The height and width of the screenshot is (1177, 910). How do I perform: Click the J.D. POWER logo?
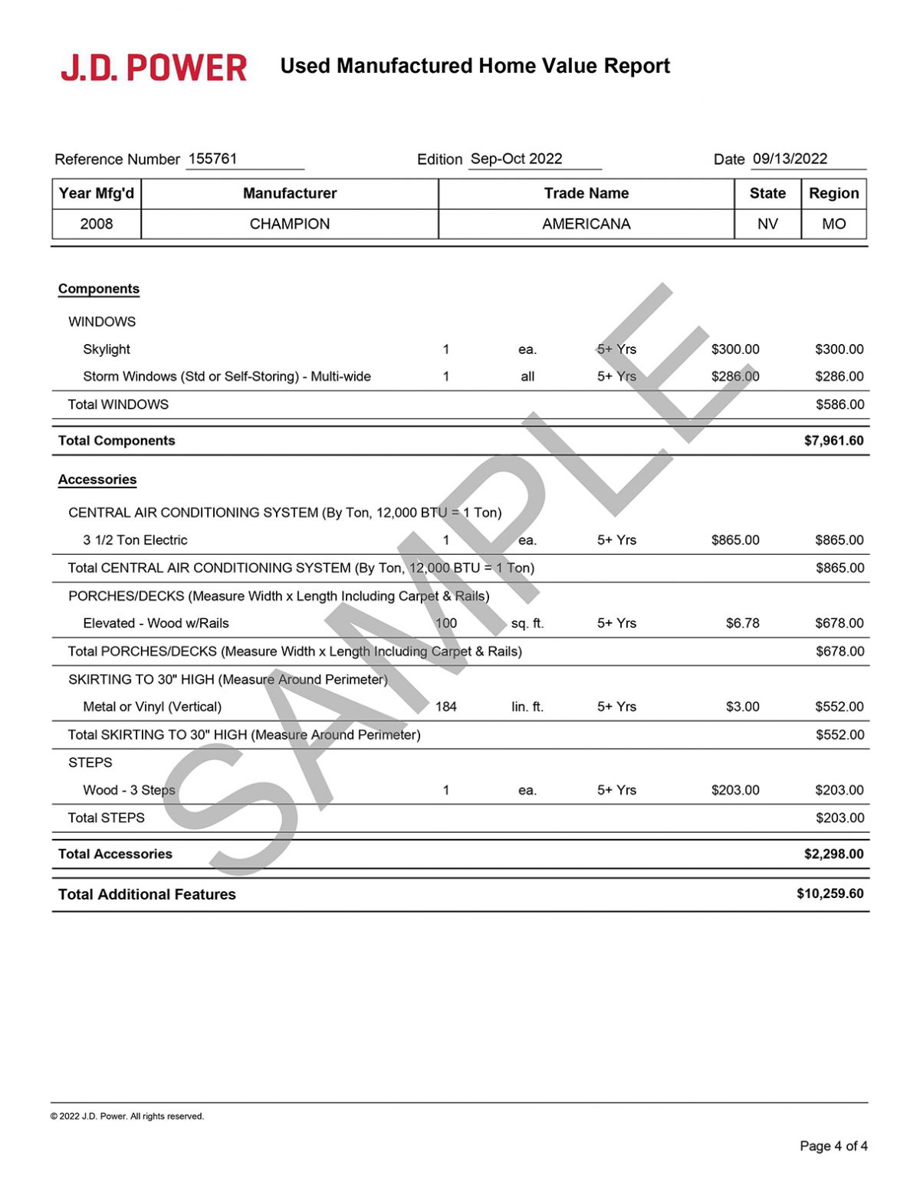pos(153,67)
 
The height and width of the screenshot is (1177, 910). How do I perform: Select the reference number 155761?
pos(212,159)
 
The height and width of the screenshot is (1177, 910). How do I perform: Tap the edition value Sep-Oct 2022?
pos(516,159)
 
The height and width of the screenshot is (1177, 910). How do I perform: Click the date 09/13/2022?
pos(790,159)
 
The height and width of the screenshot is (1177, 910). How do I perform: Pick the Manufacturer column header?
pos(290,193)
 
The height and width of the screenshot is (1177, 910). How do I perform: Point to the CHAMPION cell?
pos(290,224)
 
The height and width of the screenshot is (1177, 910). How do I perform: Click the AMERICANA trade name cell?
pos(586,224)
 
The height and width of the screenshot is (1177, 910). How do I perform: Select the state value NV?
pos(767,224)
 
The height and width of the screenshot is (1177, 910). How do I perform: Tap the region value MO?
pos(834,224)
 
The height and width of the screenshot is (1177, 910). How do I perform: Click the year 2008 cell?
pos(97,224)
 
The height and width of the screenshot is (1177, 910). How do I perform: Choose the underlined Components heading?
pos(99,289)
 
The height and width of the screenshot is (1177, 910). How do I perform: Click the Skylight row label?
pos(107,349)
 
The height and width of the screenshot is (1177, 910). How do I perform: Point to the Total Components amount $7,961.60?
pos(833,441)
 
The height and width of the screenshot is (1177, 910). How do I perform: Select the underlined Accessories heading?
pos(97,480)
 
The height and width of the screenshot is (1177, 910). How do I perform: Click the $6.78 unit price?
pos(742,624)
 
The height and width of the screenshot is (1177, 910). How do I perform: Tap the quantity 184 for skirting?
pos(446,707)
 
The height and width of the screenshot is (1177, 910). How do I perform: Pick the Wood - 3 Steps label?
pos(129,790)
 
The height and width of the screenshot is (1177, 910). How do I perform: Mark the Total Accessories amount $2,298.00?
pos(833,854)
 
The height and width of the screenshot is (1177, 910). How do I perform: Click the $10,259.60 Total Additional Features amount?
pos(830,893)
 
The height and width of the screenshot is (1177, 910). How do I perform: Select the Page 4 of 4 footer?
pos(833,1146)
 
